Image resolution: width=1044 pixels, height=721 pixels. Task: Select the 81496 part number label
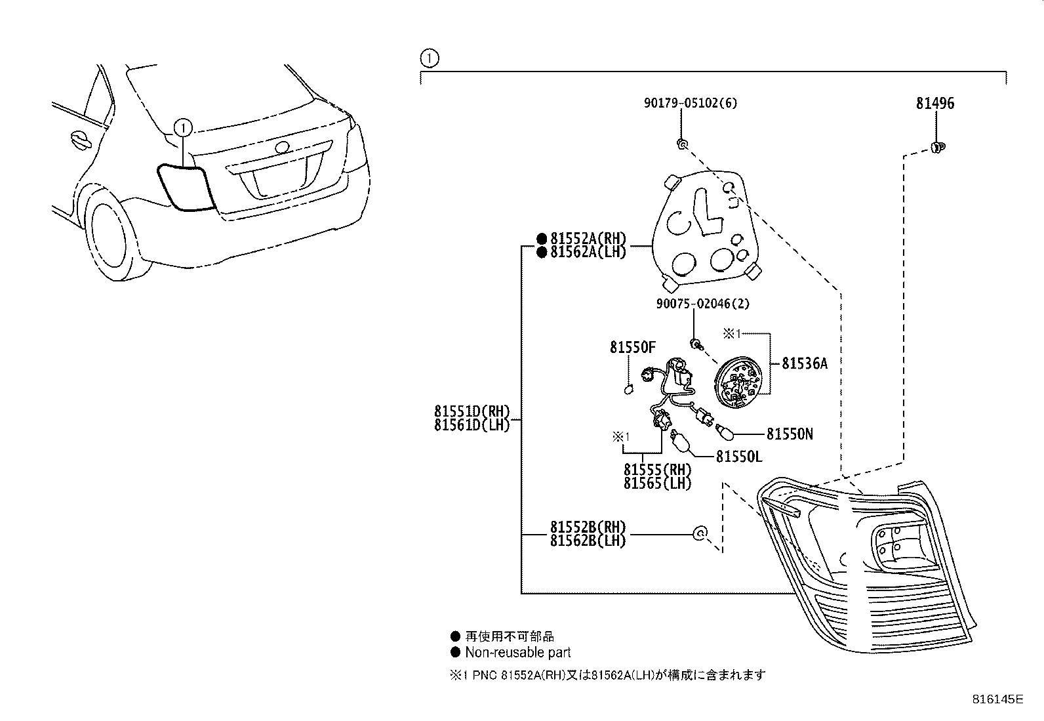935,103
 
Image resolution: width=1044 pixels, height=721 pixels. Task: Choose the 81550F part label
632,348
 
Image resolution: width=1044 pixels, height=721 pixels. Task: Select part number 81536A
805,363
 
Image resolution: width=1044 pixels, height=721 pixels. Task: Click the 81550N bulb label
790,434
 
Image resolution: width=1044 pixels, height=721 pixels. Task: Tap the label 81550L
739,456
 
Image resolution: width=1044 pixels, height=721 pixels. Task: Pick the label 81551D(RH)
472,412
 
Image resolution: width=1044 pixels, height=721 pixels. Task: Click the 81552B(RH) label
588,527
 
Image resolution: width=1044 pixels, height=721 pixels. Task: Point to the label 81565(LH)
657,484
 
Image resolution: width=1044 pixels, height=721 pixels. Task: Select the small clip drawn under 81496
936,147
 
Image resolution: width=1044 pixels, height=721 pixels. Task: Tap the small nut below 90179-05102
682,143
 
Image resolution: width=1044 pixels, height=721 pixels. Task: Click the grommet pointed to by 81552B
700,534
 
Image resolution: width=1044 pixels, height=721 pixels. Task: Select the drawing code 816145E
997,699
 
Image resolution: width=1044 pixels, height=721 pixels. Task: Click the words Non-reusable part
517,652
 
